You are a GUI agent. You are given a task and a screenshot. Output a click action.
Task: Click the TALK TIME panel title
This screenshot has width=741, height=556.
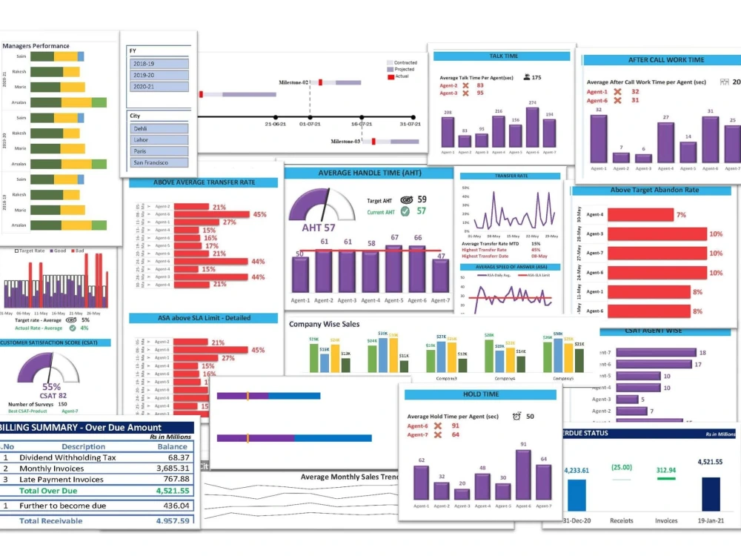(x=504, y=56)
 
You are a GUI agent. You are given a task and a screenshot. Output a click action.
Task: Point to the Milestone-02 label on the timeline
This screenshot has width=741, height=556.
(x=293, y=82)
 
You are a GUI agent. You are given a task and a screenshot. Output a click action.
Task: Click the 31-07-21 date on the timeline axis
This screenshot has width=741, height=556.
(x=409, y=125)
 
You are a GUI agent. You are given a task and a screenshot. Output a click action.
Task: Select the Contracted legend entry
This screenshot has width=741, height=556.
(x=405, y=63)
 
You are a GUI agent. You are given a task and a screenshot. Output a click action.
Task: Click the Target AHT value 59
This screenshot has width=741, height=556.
(x=422, y=199)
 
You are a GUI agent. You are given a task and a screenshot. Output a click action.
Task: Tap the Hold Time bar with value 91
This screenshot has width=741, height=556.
(x=523, y=475)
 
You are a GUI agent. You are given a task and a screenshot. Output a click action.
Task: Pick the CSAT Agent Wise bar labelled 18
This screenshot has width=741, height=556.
(x=656, y=353)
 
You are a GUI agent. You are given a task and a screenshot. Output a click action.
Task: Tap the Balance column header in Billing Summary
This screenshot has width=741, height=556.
(x=173, y=446)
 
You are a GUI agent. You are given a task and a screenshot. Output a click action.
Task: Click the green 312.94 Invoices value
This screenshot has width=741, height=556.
(x=666, y=470)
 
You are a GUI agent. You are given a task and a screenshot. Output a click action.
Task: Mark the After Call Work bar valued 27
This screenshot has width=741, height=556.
(x=665, y=142)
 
